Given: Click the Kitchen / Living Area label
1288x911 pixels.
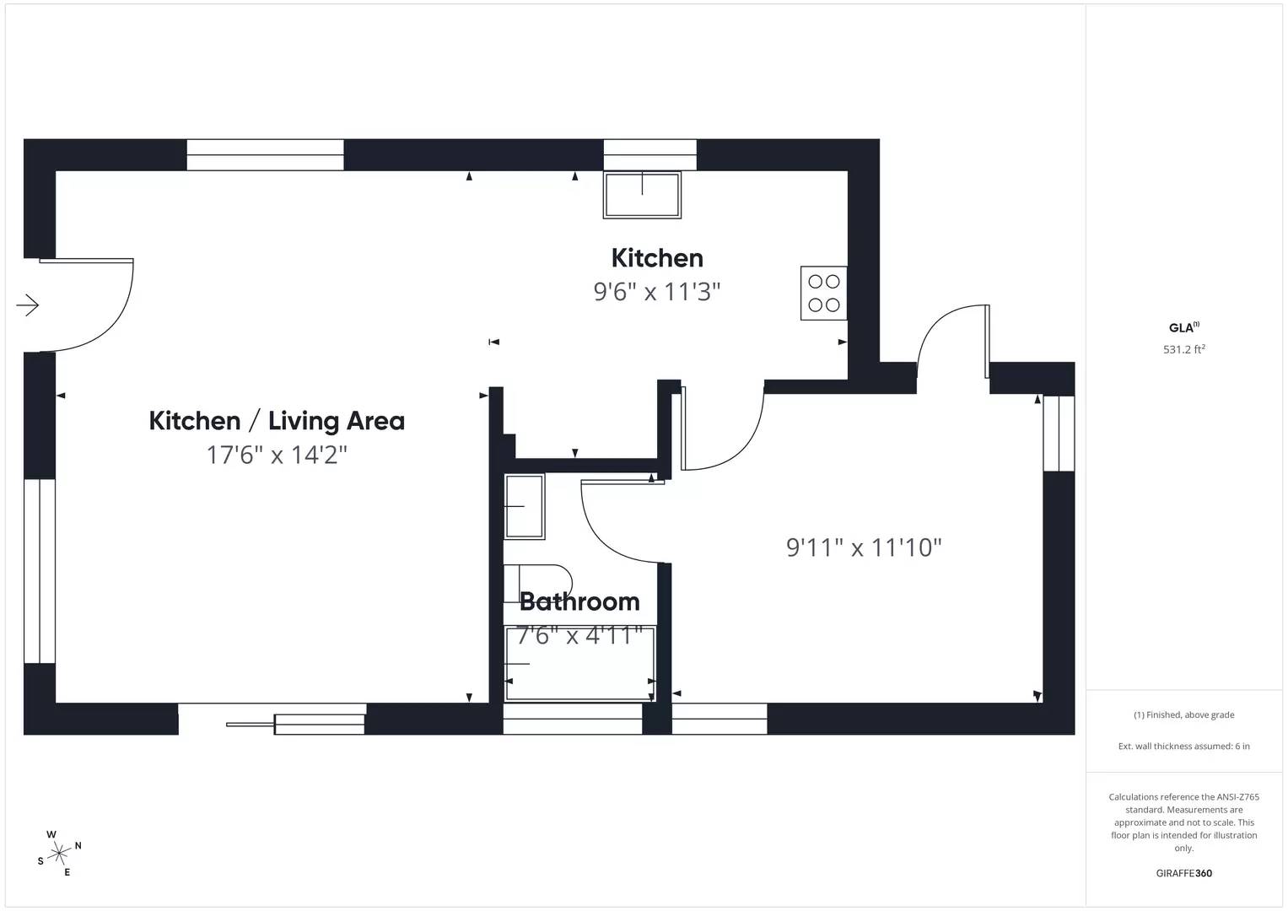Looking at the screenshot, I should coord(277,421).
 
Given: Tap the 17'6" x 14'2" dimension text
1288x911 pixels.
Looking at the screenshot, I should coord(277,455).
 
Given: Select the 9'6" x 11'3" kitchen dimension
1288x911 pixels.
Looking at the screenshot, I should coord(656,292).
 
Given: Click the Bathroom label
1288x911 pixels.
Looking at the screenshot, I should coord(579,601).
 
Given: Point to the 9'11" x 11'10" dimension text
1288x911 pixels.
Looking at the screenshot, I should coord(863,548).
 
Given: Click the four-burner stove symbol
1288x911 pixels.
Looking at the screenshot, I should coord(823,294).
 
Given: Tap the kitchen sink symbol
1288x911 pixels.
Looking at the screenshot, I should coord(642,196).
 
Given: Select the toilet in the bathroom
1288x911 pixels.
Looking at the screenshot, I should coord(537,583).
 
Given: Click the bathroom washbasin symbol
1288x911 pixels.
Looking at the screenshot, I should coord(524,506).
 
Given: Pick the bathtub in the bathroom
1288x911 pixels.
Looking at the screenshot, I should coord(579,663).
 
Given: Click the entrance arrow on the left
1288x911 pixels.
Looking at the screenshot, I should coord(28,305).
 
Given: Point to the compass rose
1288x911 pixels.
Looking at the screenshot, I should coord(59,854).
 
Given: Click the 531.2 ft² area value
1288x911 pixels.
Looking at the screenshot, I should coord(1183,349).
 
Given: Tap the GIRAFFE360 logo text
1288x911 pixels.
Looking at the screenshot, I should coord(1183,873).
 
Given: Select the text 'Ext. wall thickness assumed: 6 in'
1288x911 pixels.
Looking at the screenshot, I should coord(1183,746).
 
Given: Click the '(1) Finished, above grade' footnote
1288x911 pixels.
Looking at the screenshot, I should coord(1183,714).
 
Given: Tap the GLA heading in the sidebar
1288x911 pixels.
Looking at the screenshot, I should coord(1182,328).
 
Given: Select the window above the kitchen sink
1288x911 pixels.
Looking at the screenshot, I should coord(649,155).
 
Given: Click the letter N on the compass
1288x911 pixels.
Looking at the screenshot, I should coord(78,845).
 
